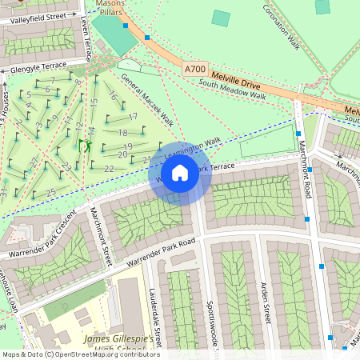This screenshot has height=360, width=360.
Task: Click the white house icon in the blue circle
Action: click(x=180, y=173)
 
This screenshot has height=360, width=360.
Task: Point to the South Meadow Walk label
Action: click(x=232, y=94)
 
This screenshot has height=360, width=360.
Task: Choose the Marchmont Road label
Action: click(x=305, y=167)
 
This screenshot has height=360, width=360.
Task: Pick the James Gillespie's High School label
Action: click(x=118, y=344)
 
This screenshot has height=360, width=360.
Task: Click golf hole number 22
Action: click(x=109, y=168)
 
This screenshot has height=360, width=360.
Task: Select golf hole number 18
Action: click(x=122, y=133)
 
